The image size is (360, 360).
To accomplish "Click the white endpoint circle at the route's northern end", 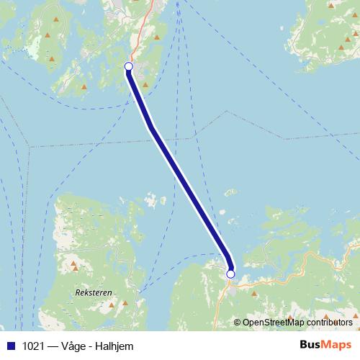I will click(x=129, y=66).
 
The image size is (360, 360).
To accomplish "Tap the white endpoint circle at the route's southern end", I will click(x=230, y=274).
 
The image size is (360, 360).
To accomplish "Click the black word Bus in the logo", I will click(x=312, y=345).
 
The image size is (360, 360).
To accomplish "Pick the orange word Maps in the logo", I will click(x=338, y=345).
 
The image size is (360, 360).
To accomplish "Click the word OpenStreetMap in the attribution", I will click(x=273, y=322).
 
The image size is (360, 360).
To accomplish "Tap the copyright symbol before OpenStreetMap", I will click(x=237, y=322).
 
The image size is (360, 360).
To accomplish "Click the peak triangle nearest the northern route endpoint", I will click(x=145, y=84).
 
